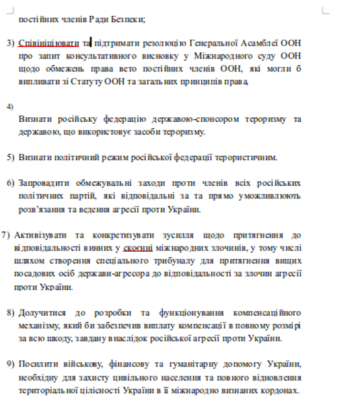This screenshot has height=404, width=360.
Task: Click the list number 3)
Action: pyautogui.click(x=11, y=42)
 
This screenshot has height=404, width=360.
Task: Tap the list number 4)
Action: pyautogui.click(x=10, y=106)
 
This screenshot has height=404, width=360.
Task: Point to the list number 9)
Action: pyautogui.click(x=11, y=364)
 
